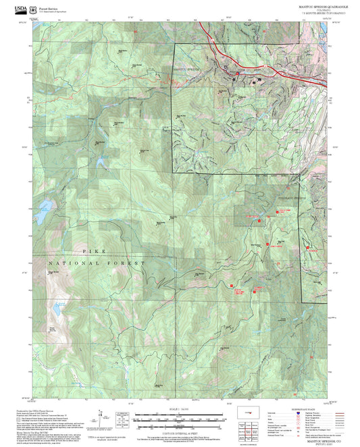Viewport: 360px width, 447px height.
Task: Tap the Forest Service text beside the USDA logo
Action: [47, 6]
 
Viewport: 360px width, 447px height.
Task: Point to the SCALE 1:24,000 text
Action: [178, 408]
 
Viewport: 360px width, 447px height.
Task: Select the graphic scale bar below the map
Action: [178, 415]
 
